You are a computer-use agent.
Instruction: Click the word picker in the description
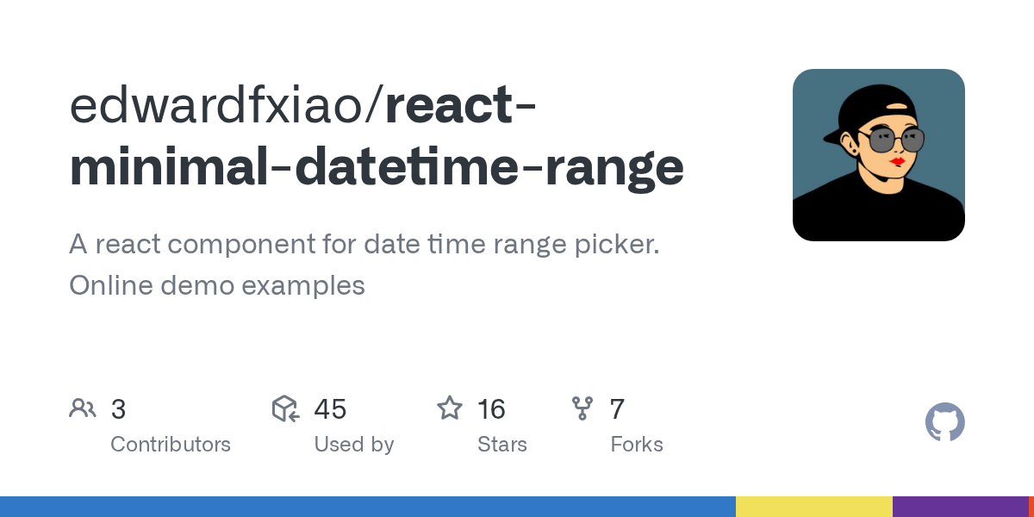[x=616, y=245]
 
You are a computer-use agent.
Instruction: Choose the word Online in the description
[x=110, y=285]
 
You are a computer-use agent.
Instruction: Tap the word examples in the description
[x=306, y=285]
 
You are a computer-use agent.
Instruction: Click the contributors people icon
[x=83, y=408]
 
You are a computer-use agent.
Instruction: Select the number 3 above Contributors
[x=119, y=409]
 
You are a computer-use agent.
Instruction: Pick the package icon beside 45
[x=285, y=408]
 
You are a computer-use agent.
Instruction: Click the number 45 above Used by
[x=330, y=409]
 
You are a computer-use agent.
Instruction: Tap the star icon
[x=450, y=408]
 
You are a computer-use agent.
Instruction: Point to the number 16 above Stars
[x=491, y=409]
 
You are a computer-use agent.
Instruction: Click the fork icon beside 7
[x=582, y=408]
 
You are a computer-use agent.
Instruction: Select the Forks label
[x=637, y=445]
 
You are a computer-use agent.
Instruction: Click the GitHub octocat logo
[x=944, y=423]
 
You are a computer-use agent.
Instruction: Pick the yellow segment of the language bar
[x=813, y=507]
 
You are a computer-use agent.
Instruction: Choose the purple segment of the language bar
[x=960, y=507]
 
